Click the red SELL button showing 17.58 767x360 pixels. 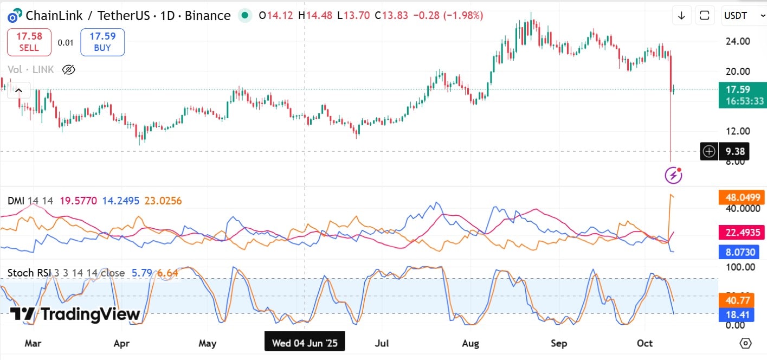point(29,42)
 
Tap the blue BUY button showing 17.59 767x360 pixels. point(102,42)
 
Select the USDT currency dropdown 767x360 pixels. point(743,16)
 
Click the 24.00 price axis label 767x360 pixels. point(738,41)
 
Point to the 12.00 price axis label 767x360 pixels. point(738,131)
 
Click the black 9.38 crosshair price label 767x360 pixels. point(734,152)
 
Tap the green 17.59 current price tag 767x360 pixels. point(742,95)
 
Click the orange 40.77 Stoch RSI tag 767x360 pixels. point(736,300)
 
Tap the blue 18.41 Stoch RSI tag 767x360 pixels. point(736,314)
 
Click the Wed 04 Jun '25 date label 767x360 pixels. point(304,343)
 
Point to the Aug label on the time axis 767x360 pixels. point(470,343)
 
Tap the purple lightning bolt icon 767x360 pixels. point(673,175)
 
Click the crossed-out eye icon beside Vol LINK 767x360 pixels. point(68,69)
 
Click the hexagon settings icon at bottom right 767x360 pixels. point(745,343)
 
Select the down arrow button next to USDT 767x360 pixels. point(681,16)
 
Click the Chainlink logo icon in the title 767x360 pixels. point(15,16)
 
